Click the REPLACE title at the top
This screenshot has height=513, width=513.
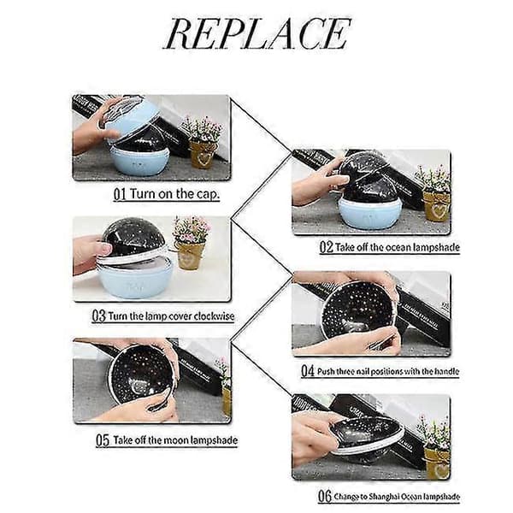click(x=257, y=33)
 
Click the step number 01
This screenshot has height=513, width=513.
click(x=120, y=194)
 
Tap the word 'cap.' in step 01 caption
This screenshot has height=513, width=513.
click(x=208, y=194)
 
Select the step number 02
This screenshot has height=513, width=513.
click(x=327, y=247)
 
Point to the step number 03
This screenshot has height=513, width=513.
click(x=99, y=316)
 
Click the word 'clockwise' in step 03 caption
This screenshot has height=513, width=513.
click(x=215, y=316)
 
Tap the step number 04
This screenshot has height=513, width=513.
click(x=308, y=371)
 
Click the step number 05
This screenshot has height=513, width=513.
click(x=103, y=440)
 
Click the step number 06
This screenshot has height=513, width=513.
click(x=325, y=496)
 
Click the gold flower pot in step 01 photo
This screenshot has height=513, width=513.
click(x=201, y=154)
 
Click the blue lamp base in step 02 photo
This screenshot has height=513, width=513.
click(x=369, y=214)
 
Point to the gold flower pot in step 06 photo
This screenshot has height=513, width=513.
click(x=438, y=463)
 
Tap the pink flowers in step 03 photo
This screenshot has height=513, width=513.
click(x=191, y=228)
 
